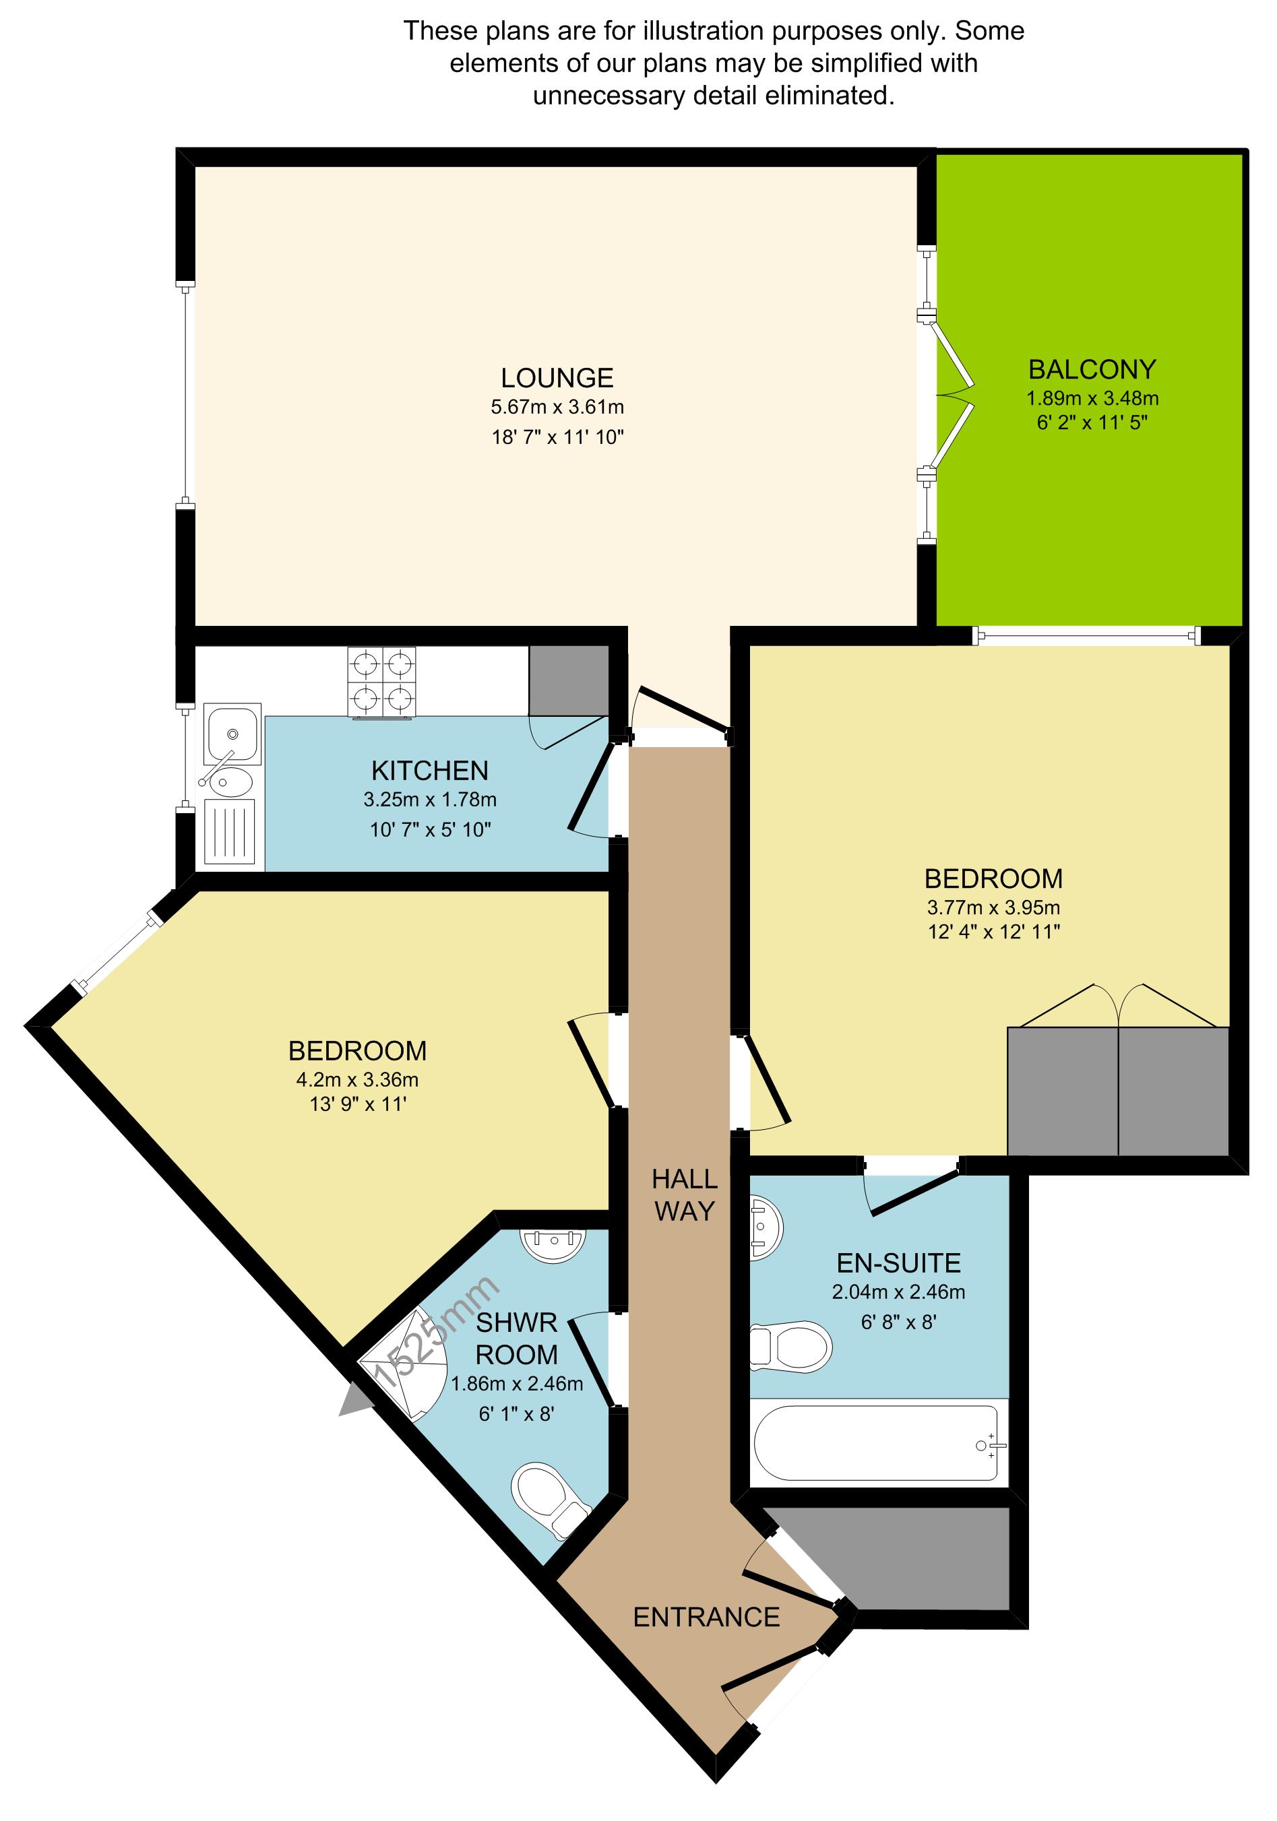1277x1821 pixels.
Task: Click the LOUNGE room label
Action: click(x=557, y=377)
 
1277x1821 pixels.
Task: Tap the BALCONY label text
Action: click(x=1092, y=370)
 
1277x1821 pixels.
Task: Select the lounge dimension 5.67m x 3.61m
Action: click(x=557, y=408)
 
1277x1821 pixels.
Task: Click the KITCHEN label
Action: click(x=429, y=770)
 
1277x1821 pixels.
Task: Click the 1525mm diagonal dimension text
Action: click(x=436, y=1333)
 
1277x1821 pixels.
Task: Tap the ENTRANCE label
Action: click(x=706, y=1616)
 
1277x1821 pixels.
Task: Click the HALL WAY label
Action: click(x=685, y=1195)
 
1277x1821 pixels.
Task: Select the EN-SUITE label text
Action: click(x=899, y=1263)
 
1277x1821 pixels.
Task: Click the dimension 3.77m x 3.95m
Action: click(x=993, y=907)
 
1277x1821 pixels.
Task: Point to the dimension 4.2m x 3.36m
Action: click(x=357, y=1079)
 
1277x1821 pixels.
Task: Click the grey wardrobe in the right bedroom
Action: click(x=1117, y=1090)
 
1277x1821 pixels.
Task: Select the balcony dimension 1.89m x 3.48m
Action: click(x=1092, y=398)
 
